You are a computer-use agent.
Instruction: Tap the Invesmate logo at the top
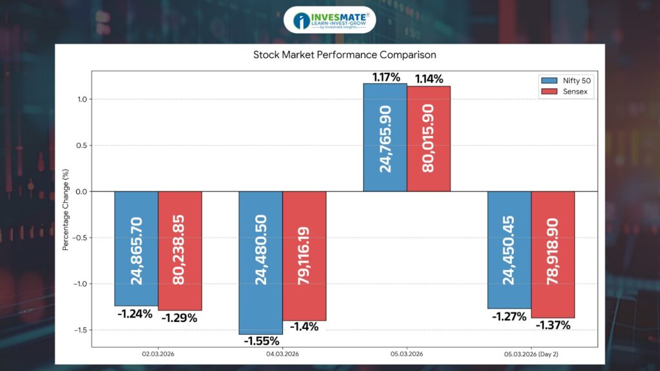tap(329, 20)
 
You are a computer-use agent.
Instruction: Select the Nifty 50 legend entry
tap(565, 81)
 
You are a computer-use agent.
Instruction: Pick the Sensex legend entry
tap(565, 93)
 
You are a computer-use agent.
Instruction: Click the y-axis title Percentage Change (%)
tap(66, 210)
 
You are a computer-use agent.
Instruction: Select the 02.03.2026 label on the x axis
tap(158, 354)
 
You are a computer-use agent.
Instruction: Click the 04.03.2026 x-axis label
tap(282, 354)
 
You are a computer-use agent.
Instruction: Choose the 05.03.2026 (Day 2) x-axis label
tap(531, 354)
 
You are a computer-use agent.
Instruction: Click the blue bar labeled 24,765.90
tap(385, 138)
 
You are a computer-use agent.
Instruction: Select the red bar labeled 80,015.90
tap(429, 139)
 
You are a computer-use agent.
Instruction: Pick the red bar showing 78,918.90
tap(553, 254)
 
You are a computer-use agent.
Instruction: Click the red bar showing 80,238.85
tap(180, 251)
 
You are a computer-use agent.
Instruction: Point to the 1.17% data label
tap(385, 77)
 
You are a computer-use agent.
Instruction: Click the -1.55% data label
tap(260, 341)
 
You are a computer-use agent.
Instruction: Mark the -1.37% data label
tap(553, 325)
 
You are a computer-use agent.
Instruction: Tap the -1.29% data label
tap(180, 318)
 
